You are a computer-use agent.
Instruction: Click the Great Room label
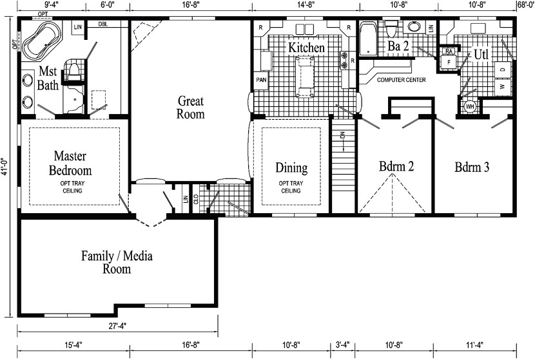point(191,108)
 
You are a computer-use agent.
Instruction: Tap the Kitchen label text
point(306,48)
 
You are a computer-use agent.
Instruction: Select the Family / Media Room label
point(117,262)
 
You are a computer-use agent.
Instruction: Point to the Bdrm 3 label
point(472,167)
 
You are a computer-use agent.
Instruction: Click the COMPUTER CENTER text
point(400,80)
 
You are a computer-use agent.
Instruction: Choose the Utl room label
point(482,54)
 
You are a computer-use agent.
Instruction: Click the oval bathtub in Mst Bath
point(42,43)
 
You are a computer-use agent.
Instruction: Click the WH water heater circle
point(470,106)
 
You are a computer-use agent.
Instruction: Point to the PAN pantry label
point(262,80)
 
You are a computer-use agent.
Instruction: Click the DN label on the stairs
point(344,136)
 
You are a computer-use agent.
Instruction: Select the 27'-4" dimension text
point(117,325)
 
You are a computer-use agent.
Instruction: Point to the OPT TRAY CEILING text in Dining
point(291,187)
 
